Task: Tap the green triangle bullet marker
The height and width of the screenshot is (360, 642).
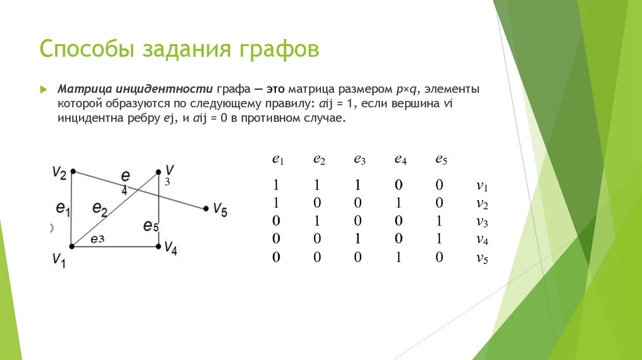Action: (44, 90)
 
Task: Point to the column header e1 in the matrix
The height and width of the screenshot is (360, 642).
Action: (278, 159)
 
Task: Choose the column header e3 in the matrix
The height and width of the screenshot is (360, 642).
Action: (359, 159)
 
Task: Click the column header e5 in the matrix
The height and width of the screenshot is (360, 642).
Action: (441, 159)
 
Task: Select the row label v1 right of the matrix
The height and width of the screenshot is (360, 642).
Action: (481, 186)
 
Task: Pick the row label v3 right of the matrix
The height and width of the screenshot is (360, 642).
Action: (481, 221)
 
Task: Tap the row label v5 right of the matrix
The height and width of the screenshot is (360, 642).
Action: (481, 257)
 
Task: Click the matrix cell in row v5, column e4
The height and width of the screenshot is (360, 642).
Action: (399, 257)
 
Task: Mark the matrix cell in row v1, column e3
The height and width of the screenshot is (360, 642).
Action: (358, 186)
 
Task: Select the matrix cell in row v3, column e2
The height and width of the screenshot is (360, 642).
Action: (317, 221)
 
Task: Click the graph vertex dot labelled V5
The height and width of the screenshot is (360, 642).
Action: (206, 209)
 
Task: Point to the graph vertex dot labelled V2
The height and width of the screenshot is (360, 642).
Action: (73, 171)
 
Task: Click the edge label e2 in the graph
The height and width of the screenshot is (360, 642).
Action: (100, 208)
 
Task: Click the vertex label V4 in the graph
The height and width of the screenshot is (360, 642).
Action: (171, 249)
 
